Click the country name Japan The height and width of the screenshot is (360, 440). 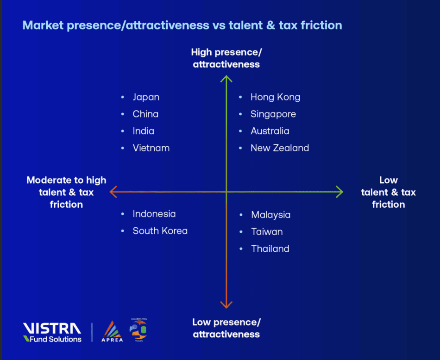coord(146,97)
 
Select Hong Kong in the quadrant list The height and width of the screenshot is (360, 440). coord(275,97)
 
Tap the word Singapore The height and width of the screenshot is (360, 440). coord(273,114)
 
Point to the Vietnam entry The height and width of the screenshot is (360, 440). coord(151,148)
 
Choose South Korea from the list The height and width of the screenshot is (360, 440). coord(160,231)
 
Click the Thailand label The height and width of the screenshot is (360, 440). coord(270,249)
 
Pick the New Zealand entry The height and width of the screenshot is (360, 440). coord(279,148)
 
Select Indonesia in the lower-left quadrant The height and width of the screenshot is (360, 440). coord(154,214)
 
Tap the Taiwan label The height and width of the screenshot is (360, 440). coord(267,232)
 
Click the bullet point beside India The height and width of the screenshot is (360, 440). coord(123,131)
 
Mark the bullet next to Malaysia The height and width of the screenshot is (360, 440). coord(241,215)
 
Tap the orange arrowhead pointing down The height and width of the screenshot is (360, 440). coord(226,304)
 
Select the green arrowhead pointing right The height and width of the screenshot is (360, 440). coord(339,192)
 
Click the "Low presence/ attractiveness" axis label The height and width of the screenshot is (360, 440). coord(226,328)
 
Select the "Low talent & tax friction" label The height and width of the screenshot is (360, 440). coord(388,192)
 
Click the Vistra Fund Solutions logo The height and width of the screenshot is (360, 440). coord(52,333)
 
